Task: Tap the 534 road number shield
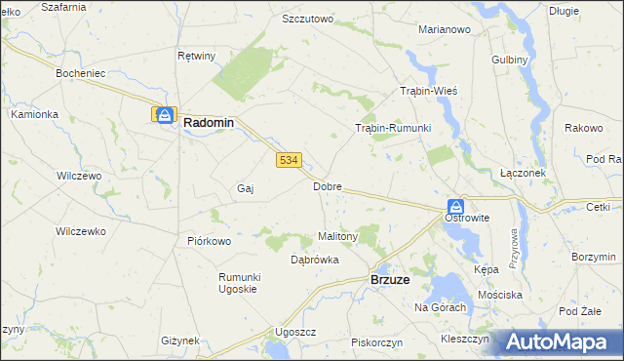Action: [x=287, y=160]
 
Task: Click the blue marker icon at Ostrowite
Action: [x=455, y=206]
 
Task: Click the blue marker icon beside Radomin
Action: [x=165, y=114]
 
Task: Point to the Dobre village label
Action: [x=327, y=185]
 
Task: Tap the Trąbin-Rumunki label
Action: [x=392, y=128]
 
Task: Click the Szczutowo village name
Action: [x=307, y=19]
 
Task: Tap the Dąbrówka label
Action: [x=315, y=260]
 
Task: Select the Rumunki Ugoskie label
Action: [x=238, y=283]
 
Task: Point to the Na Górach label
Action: [x=441, y=307]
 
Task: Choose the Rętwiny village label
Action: [x=196, y=56]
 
